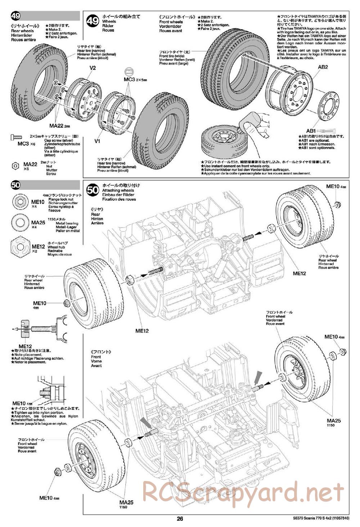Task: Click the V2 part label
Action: tap(93, 68)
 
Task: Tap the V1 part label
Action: tap(97, 141)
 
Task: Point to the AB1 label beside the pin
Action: tap(301, 131)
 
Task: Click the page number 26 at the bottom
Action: tap(180, 519)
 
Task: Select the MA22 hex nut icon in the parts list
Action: tap(15, 166)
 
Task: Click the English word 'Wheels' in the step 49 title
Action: tap(109, 22)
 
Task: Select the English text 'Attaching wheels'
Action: tap(118, 190)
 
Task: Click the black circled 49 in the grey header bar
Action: tap(16, 16)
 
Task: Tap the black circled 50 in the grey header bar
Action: tap(16, 186)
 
